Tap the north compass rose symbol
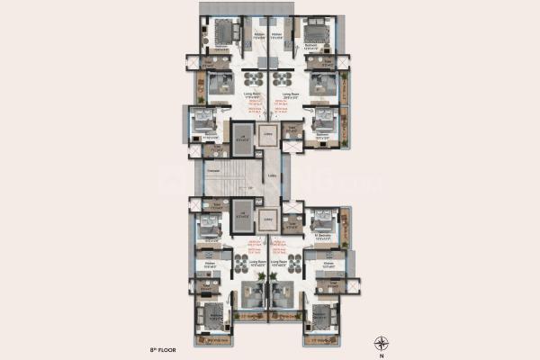382,341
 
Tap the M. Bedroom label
324,238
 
